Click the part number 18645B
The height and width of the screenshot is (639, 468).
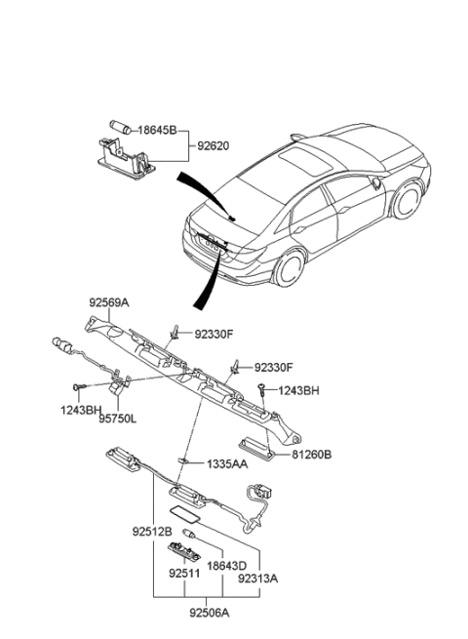pos(157,128)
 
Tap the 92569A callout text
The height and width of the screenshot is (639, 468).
pos(109,302)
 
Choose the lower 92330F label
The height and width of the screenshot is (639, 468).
pos(273,367)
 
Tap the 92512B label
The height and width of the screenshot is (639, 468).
pos(153,533)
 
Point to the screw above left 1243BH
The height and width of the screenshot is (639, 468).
pos(86,388)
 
